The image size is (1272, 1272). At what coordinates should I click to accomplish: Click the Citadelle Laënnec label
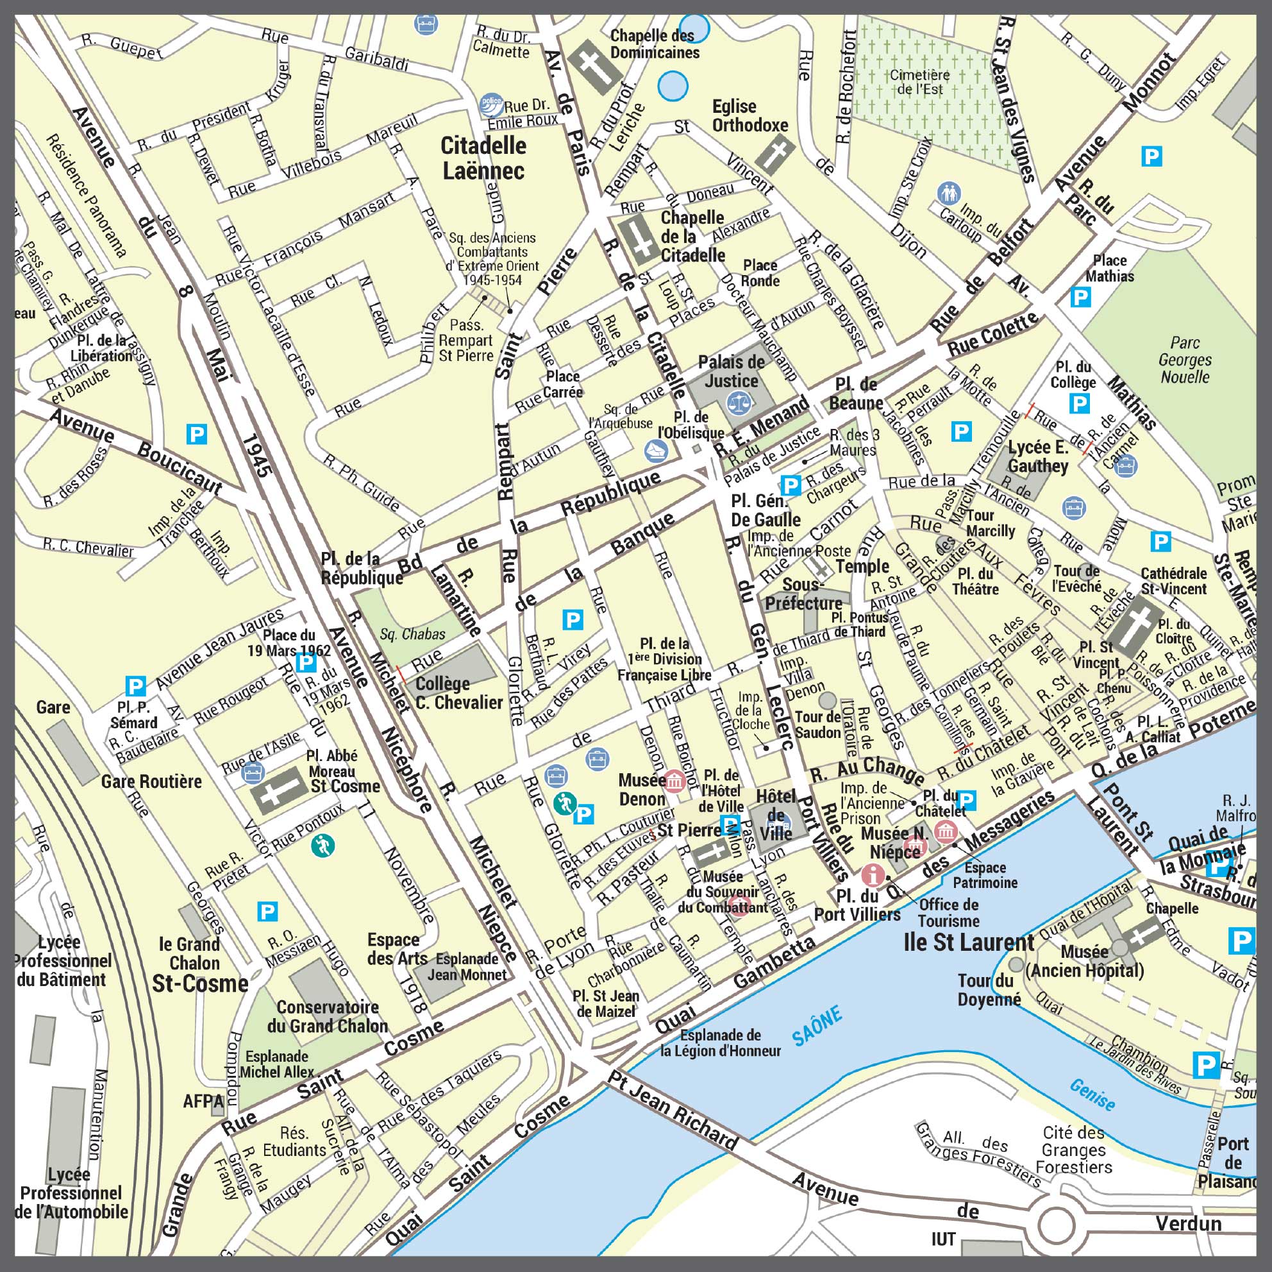pyautogui.click(x=483, y=158)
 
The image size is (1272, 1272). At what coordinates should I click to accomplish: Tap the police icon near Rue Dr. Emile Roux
pyautogui.click(x=491, y=104)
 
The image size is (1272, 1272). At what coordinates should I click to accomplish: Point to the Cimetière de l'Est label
pyautogui.click(x=920, y=82)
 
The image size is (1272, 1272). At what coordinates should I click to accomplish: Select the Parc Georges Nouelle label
pyautogui.click(x=1184, y=360)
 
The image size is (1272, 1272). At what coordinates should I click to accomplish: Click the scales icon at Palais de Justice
pyautogui.click(x=738, y=401)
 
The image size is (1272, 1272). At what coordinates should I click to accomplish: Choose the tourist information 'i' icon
pyautogui.click(x=873, y=874)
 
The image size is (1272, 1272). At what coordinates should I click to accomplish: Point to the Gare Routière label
pyautogui.click(x=151, y=782)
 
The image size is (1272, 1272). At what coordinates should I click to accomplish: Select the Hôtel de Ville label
pyautogui.click(x=776, y=814)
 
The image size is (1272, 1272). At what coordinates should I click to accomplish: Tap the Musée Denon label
pyautogui.click(x=642, y=790)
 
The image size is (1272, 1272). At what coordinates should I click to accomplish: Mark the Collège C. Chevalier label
pyautogui.click(x=459, y=693)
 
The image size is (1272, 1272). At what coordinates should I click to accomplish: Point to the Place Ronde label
pyautogui.click(x=760, y=273)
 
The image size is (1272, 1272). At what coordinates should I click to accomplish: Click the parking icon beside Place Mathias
pyautogui.click(x=1080, y=297)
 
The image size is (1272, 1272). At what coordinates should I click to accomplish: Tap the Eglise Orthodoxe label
pyautogui.click(x=750, y=116)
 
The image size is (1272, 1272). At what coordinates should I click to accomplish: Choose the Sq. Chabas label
pyautogui.click(x=412, y=634)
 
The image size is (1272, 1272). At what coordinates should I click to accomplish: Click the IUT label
pyautogui.click(x=944, y=1240)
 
